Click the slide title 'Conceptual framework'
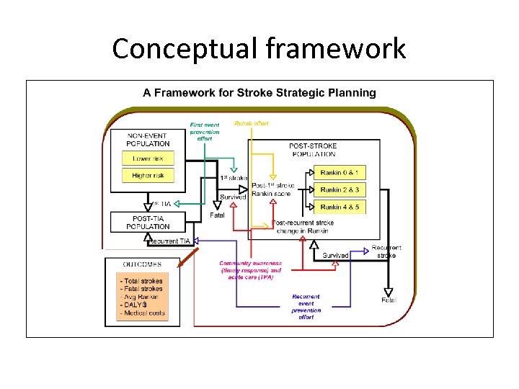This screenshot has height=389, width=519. point(259,48)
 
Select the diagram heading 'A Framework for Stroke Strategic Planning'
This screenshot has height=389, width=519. point(259,93)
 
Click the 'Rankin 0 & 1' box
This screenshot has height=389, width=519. point(340,172)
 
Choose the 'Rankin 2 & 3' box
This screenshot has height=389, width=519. point(340,189)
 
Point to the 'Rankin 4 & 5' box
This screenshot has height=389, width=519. point(340,207)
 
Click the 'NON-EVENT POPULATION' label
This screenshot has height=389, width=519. point(148,140)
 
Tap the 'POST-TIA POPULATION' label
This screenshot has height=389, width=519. point(148,223)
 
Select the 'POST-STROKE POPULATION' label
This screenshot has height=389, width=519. point(313,150)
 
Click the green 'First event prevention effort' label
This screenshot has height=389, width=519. point(205,131)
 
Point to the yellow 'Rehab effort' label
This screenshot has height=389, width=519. point(252,123)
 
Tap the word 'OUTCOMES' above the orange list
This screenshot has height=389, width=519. point(143,264)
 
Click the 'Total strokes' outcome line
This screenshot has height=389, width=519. point(141,281)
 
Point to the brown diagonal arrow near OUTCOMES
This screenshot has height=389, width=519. point(188,255)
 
